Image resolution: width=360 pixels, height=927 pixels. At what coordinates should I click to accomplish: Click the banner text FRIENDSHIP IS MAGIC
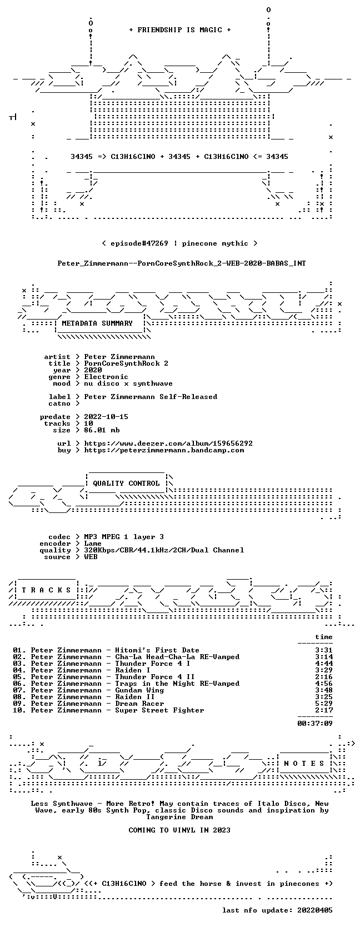point(180,30)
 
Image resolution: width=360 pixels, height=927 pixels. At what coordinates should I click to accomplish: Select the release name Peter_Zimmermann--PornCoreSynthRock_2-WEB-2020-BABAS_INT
point(182,263)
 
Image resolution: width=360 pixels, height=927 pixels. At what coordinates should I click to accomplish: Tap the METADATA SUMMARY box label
point(97,323)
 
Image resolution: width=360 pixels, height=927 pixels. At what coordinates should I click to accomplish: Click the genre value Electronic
point(106,377)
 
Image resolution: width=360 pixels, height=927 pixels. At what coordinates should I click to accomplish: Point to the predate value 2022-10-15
point(106,417)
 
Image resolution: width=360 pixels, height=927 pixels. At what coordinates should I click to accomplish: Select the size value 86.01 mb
point(102,430)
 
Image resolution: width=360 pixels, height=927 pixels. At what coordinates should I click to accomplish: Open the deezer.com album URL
point(168,443)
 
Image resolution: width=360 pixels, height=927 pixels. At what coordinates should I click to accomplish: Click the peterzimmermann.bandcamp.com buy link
point(164,450)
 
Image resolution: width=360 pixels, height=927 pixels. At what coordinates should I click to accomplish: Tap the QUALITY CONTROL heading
point(126,484)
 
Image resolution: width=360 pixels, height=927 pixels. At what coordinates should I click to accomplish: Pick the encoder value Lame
point(93,544)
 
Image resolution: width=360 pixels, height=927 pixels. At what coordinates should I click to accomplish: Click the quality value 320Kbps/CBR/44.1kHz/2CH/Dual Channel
point(164,550)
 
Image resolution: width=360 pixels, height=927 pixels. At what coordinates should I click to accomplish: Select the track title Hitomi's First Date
point(157,650)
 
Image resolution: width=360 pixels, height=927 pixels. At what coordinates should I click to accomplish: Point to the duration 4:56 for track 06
point(324,683)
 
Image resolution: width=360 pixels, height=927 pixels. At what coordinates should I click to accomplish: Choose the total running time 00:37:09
point(315,724)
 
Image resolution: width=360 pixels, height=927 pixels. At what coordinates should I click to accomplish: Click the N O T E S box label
point(304,764)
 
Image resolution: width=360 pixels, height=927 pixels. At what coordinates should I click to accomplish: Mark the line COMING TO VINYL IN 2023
point(179,830)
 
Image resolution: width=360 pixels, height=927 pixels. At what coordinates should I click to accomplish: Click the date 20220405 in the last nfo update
point(316,910)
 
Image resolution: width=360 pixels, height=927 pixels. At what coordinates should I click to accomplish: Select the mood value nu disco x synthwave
point(128,383)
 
